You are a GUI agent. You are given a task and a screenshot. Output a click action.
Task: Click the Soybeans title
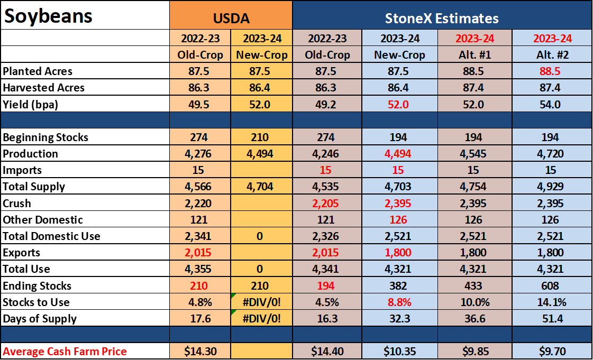click(48, 16)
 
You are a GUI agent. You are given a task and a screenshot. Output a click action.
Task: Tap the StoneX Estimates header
click(442, 18)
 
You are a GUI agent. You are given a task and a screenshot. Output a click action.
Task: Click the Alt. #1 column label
click(475, 55)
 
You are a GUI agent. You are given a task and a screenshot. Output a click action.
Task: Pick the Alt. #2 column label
click(552, 55)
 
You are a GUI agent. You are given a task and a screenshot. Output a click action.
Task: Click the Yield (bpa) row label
click(30, 104)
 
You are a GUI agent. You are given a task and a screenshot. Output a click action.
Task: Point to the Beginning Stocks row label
click(45, 137)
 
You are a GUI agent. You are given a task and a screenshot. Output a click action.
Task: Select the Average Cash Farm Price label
click(65, 352)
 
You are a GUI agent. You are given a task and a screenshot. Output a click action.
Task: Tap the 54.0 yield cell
click(550, 104)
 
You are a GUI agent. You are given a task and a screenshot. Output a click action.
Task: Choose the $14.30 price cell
click(200, 352)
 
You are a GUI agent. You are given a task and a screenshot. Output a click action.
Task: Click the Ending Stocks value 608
click(550, 285)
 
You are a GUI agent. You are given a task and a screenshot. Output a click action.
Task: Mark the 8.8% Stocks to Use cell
click(399, 302)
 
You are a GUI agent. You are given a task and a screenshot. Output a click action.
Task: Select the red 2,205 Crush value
click(325, 203)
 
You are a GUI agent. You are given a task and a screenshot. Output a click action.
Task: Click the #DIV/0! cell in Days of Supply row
click(262, 318)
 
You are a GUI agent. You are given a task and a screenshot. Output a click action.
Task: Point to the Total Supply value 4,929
click(550, 187)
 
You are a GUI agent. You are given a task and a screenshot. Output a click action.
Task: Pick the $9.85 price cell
click(476, 352)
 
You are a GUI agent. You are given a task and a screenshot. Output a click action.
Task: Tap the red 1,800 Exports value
click(397, 252)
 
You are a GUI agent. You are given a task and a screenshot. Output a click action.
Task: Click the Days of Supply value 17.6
click(200, 318)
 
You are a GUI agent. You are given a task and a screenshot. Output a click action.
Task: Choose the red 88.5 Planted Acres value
click(550, 71)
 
